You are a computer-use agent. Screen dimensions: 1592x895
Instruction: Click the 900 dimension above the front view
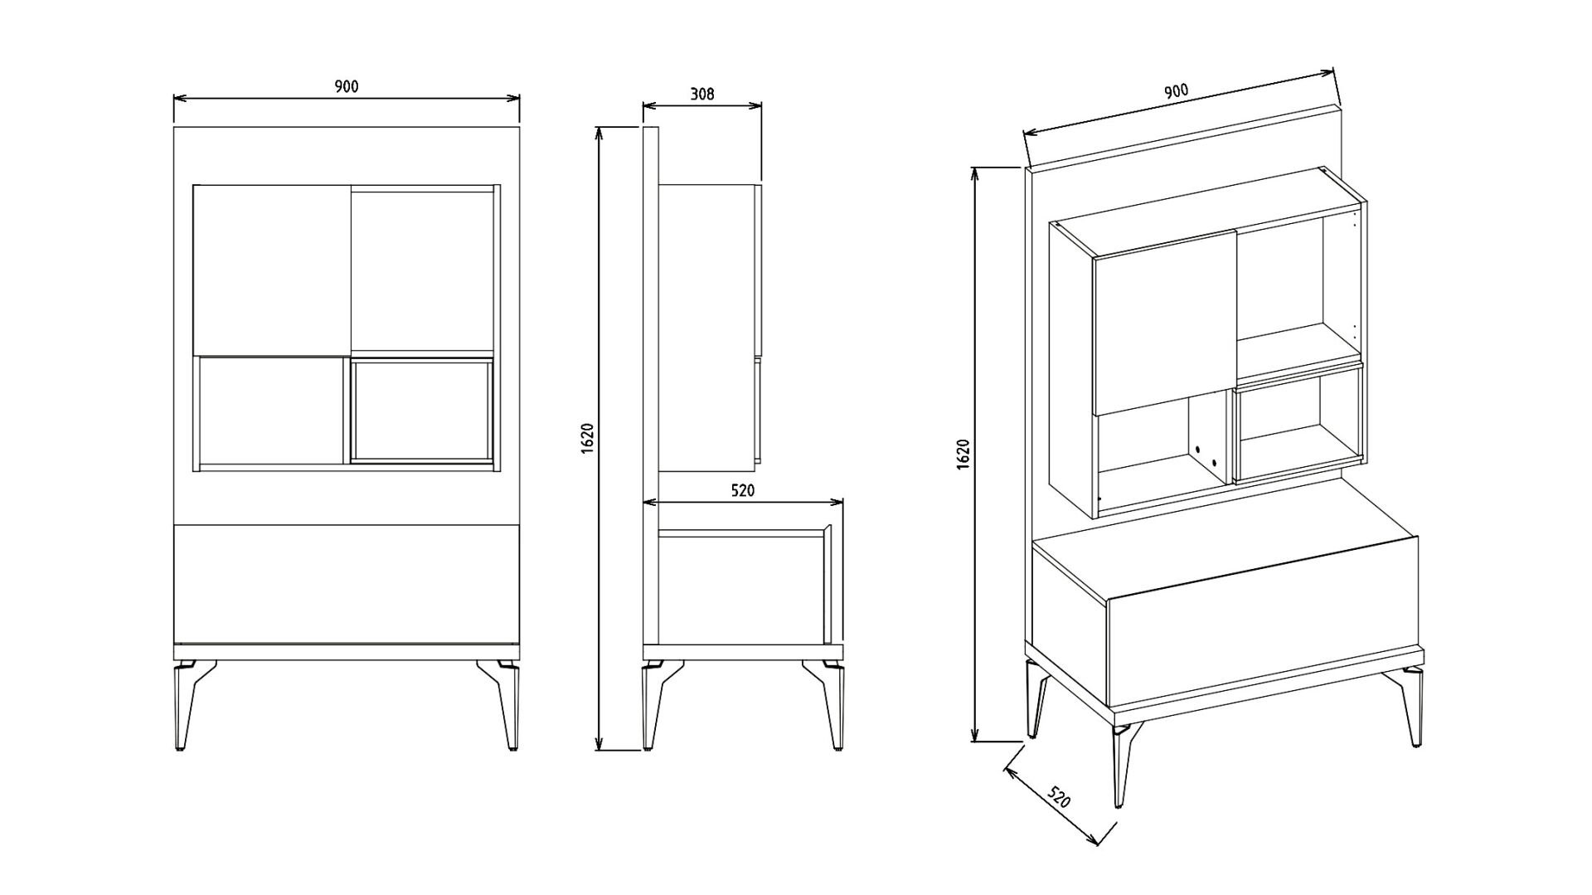pos(347,86)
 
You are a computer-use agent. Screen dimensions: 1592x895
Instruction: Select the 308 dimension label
pos(702,94)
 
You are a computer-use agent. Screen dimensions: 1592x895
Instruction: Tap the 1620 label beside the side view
pos(588,438)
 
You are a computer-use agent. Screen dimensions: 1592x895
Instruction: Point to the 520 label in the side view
pos(742,490)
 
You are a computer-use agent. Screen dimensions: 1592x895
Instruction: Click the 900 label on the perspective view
pos(1176,91)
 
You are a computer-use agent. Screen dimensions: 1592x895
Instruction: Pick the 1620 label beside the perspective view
pos(963,455)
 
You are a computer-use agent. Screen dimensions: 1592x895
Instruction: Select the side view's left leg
pos(655,705)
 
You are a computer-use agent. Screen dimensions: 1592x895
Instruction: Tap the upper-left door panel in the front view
pos(272,270)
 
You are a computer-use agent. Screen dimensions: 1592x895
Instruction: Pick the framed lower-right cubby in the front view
pos(421,410)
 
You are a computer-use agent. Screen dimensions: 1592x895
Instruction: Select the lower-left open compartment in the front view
pos(271,411)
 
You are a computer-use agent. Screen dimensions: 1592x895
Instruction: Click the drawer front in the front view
pos(347,583)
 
